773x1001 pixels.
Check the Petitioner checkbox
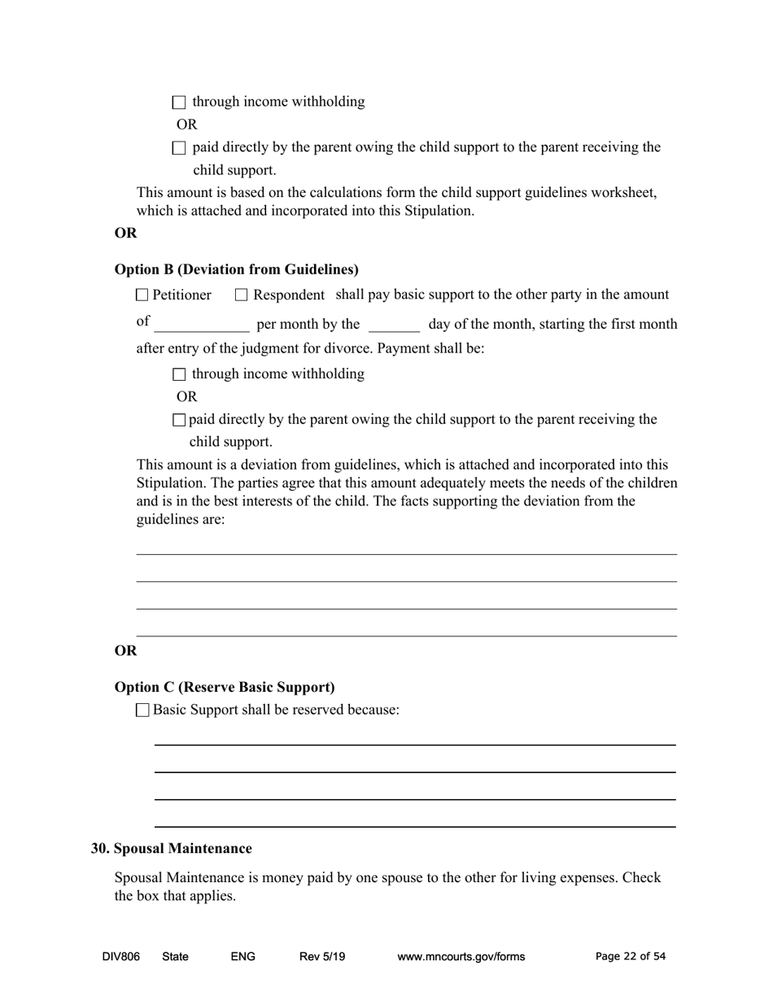pyautogui.click(x=142, y=295)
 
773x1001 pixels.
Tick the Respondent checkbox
pyautogui.click(x=241, y=295)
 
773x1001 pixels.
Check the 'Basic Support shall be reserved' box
pyautogui.click(x=143, y=710)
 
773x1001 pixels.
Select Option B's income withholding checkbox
pyautogui.click(x=180, y=374)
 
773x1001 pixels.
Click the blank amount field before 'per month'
pyautogui.click(x=202, y=325)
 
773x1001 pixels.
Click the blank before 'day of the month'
pyautogui.click(x=394, y=325)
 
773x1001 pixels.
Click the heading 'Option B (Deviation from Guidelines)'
pyautogui.click(x=236, y=269)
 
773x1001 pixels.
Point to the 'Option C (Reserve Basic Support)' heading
pyautogui.click(x=225, y=687)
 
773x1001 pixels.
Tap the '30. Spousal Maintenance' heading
pyautogui.click(x=172, y=848)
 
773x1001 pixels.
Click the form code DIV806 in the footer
pyautogui.click(x=121, y=956)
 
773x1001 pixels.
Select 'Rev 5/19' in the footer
pyautogui.click(x=322, y=956)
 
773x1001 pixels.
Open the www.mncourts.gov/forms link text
pyautogui.click(x=461, y=956)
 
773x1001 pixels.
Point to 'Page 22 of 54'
pyautogui.click(x=631, y=956)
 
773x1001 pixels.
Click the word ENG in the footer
pyautogui.click(x=242, y=956)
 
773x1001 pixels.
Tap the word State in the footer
pyautogui.click(x=175, y=956)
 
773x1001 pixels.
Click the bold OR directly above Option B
pyautogui.click(x=125, y=233)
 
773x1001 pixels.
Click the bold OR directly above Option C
pyautogui.click(x=125, y=650)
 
